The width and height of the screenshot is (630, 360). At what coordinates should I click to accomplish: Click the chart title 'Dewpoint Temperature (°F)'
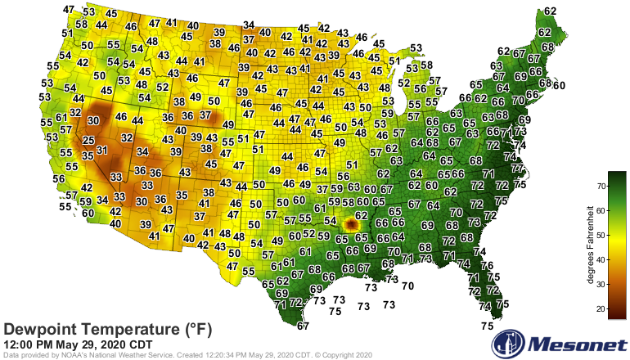108,329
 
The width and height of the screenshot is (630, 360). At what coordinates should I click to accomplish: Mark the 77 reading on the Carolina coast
517,169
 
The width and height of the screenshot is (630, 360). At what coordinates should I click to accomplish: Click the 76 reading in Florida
487,266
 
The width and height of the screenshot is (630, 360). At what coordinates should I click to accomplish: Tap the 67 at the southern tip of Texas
303,326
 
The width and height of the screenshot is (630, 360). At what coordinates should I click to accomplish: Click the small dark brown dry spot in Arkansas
352,223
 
